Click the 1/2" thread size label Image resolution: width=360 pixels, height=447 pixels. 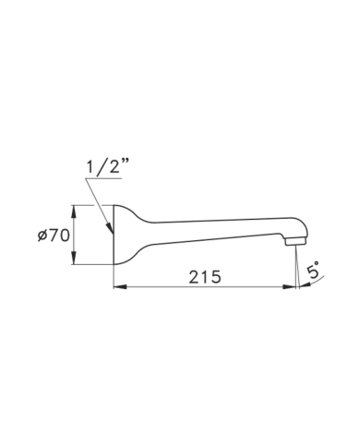coord(107,167)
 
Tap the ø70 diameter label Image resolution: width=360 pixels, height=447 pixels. coord(54,236)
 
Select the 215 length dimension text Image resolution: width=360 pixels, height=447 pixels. coord(205,277)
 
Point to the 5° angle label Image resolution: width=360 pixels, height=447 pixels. coord(313,271)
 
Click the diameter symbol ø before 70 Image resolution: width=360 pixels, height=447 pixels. coord(42,236)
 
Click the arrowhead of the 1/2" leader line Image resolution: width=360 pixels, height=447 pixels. coord(110,228)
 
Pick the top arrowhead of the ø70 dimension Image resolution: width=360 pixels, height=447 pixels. coord(74,211)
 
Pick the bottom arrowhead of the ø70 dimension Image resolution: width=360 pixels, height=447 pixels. coord(74,258)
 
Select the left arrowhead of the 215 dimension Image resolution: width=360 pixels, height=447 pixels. coord(120,287)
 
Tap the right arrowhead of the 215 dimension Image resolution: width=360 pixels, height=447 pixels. coord(289,287)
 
